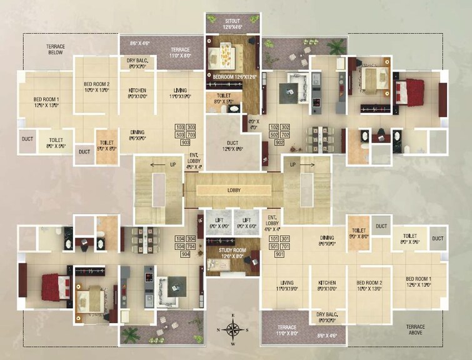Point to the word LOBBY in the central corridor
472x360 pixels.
pos(234,190)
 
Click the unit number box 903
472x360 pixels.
pos(186,143)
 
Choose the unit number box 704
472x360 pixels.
pos(191,247)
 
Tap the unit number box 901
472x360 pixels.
pos(279,254)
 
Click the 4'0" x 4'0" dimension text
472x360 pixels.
pos(253,124)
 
